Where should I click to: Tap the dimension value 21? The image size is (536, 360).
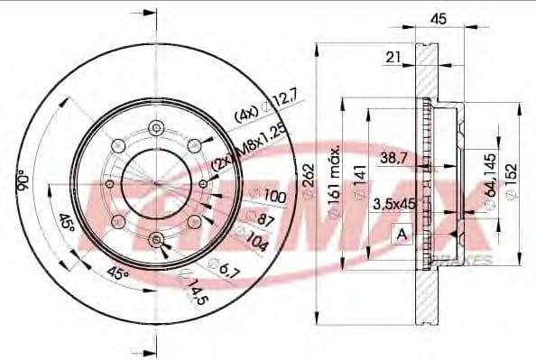[x=393, y=58]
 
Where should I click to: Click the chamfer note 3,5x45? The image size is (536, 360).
[x=393, y=204]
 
